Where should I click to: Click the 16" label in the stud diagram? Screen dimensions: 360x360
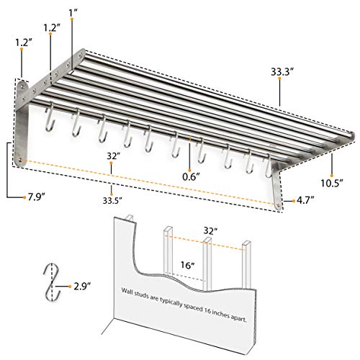click(x=187, y=264)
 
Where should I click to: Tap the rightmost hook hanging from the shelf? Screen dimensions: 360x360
click(x=270, y=166)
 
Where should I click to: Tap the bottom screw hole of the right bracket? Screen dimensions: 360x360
click(x=279, y=203)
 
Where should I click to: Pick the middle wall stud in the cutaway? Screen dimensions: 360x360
click(x=206, y=259)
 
